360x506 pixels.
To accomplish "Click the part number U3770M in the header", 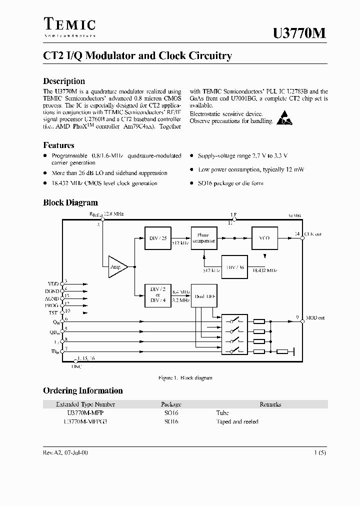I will [299, 33].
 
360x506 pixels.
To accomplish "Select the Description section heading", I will [64, 81].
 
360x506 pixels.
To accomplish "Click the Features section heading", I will [58, 145].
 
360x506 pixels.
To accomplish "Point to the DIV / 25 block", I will [157, 238].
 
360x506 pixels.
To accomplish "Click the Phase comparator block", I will [203, 238].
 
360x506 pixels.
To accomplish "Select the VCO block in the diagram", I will [264, 238].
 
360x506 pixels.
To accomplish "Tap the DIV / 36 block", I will [235, 267].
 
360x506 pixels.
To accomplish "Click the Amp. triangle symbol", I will [117, 266].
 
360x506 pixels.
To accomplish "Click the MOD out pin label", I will [315, 318].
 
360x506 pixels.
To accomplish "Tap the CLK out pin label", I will [313, 233].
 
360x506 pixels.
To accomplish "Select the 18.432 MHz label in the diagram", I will [265, 270].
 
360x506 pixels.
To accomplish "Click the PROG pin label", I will [51, 304].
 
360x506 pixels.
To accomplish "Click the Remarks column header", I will [270, 404].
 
